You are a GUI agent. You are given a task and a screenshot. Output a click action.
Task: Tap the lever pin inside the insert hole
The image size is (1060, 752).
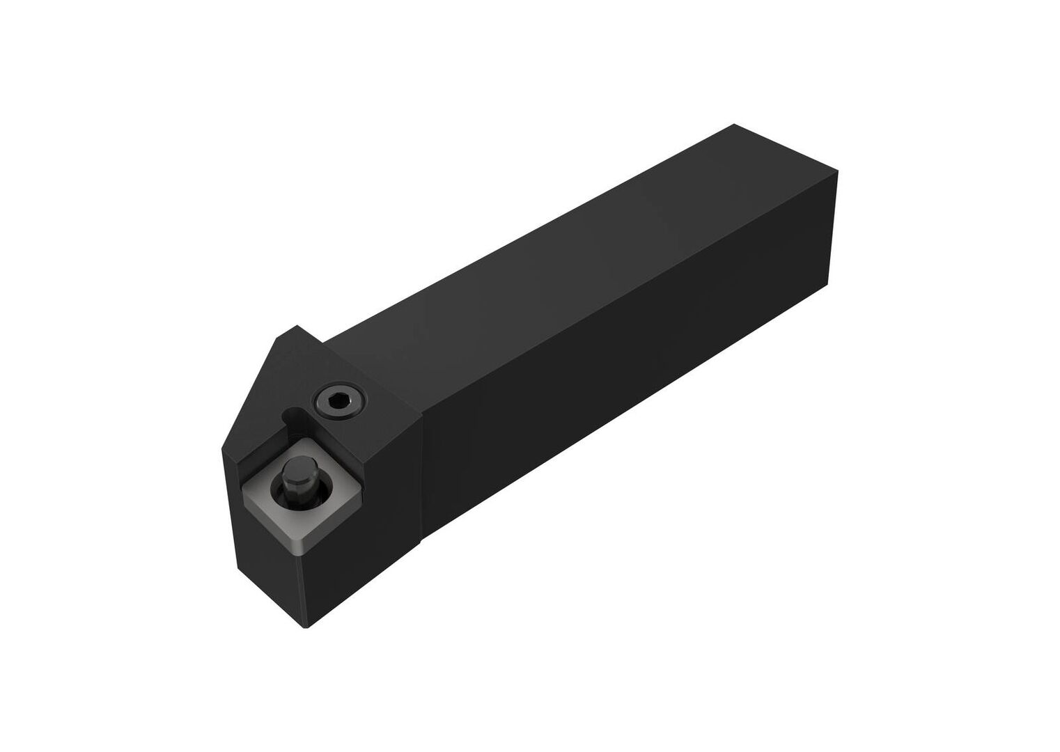(x=295, y=479)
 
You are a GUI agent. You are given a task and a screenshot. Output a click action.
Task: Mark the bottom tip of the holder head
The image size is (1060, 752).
(x=306, y=627)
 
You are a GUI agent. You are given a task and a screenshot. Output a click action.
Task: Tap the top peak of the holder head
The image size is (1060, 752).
(x=298, y=327)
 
